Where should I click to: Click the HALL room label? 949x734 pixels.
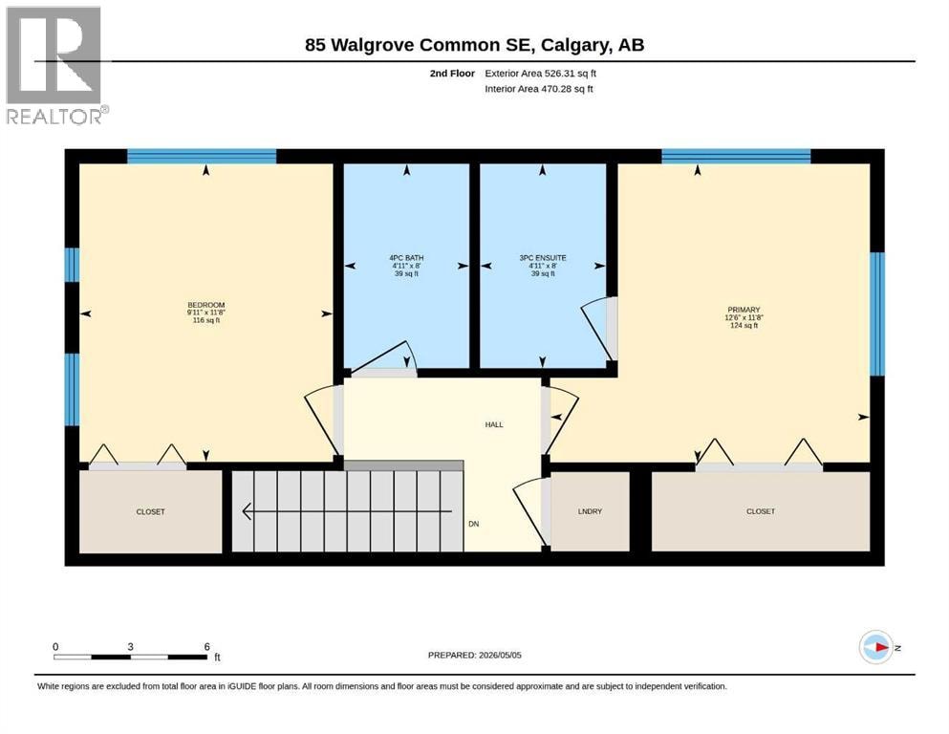click(x=494, y=424)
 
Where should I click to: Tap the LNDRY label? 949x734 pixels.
click(x=590, y=511)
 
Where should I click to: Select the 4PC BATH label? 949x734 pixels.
click(x=407, y=258)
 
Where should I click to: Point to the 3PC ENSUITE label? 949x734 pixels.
click(x=543, y=258)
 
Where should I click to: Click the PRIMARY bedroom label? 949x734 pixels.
click(x=744, y=310)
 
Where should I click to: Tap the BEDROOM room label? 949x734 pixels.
click(x=206, y=305)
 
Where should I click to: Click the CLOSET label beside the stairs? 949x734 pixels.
click(x=151, y=512)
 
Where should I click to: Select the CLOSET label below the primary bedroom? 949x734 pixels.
click(x=761, y=511)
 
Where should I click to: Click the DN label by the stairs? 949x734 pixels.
click(x=474, y=524)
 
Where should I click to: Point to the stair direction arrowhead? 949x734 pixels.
click(x=247, y=511)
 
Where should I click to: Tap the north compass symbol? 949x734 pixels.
click(x=876, y=647)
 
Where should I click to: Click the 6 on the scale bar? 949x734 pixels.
click(x=207, y=646)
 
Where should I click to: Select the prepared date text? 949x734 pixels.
click(x=474, y=655)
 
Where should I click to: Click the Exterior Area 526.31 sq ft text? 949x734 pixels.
click(x=541, y=74)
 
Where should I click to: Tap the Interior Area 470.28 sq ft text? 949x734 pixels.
click(x=539, y=89)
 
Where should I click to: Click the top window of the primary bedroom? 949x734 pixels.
click(x=736, y=156)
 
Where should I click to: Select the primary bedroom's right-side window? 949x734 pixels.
click(x=877, y=314)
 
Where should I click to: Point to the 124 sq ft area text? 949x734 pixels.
click(x=744, y=326)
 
